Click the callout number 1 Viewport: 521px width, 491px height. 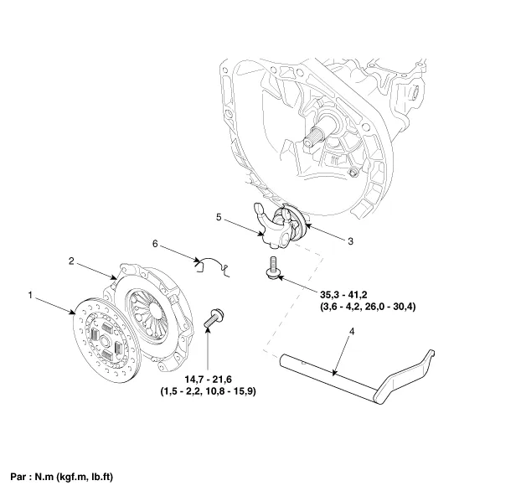click(30, 295)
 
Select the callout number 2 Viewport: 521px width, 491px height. click(72, 261)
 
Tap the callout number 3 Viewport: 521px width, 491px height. click(349, 240)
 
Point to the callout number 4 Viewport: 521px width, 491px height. click(351, 333)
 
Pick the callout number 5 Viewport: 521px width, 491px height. click(218, 217)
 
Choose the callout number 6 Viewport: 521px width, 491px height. click(154, 244)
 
